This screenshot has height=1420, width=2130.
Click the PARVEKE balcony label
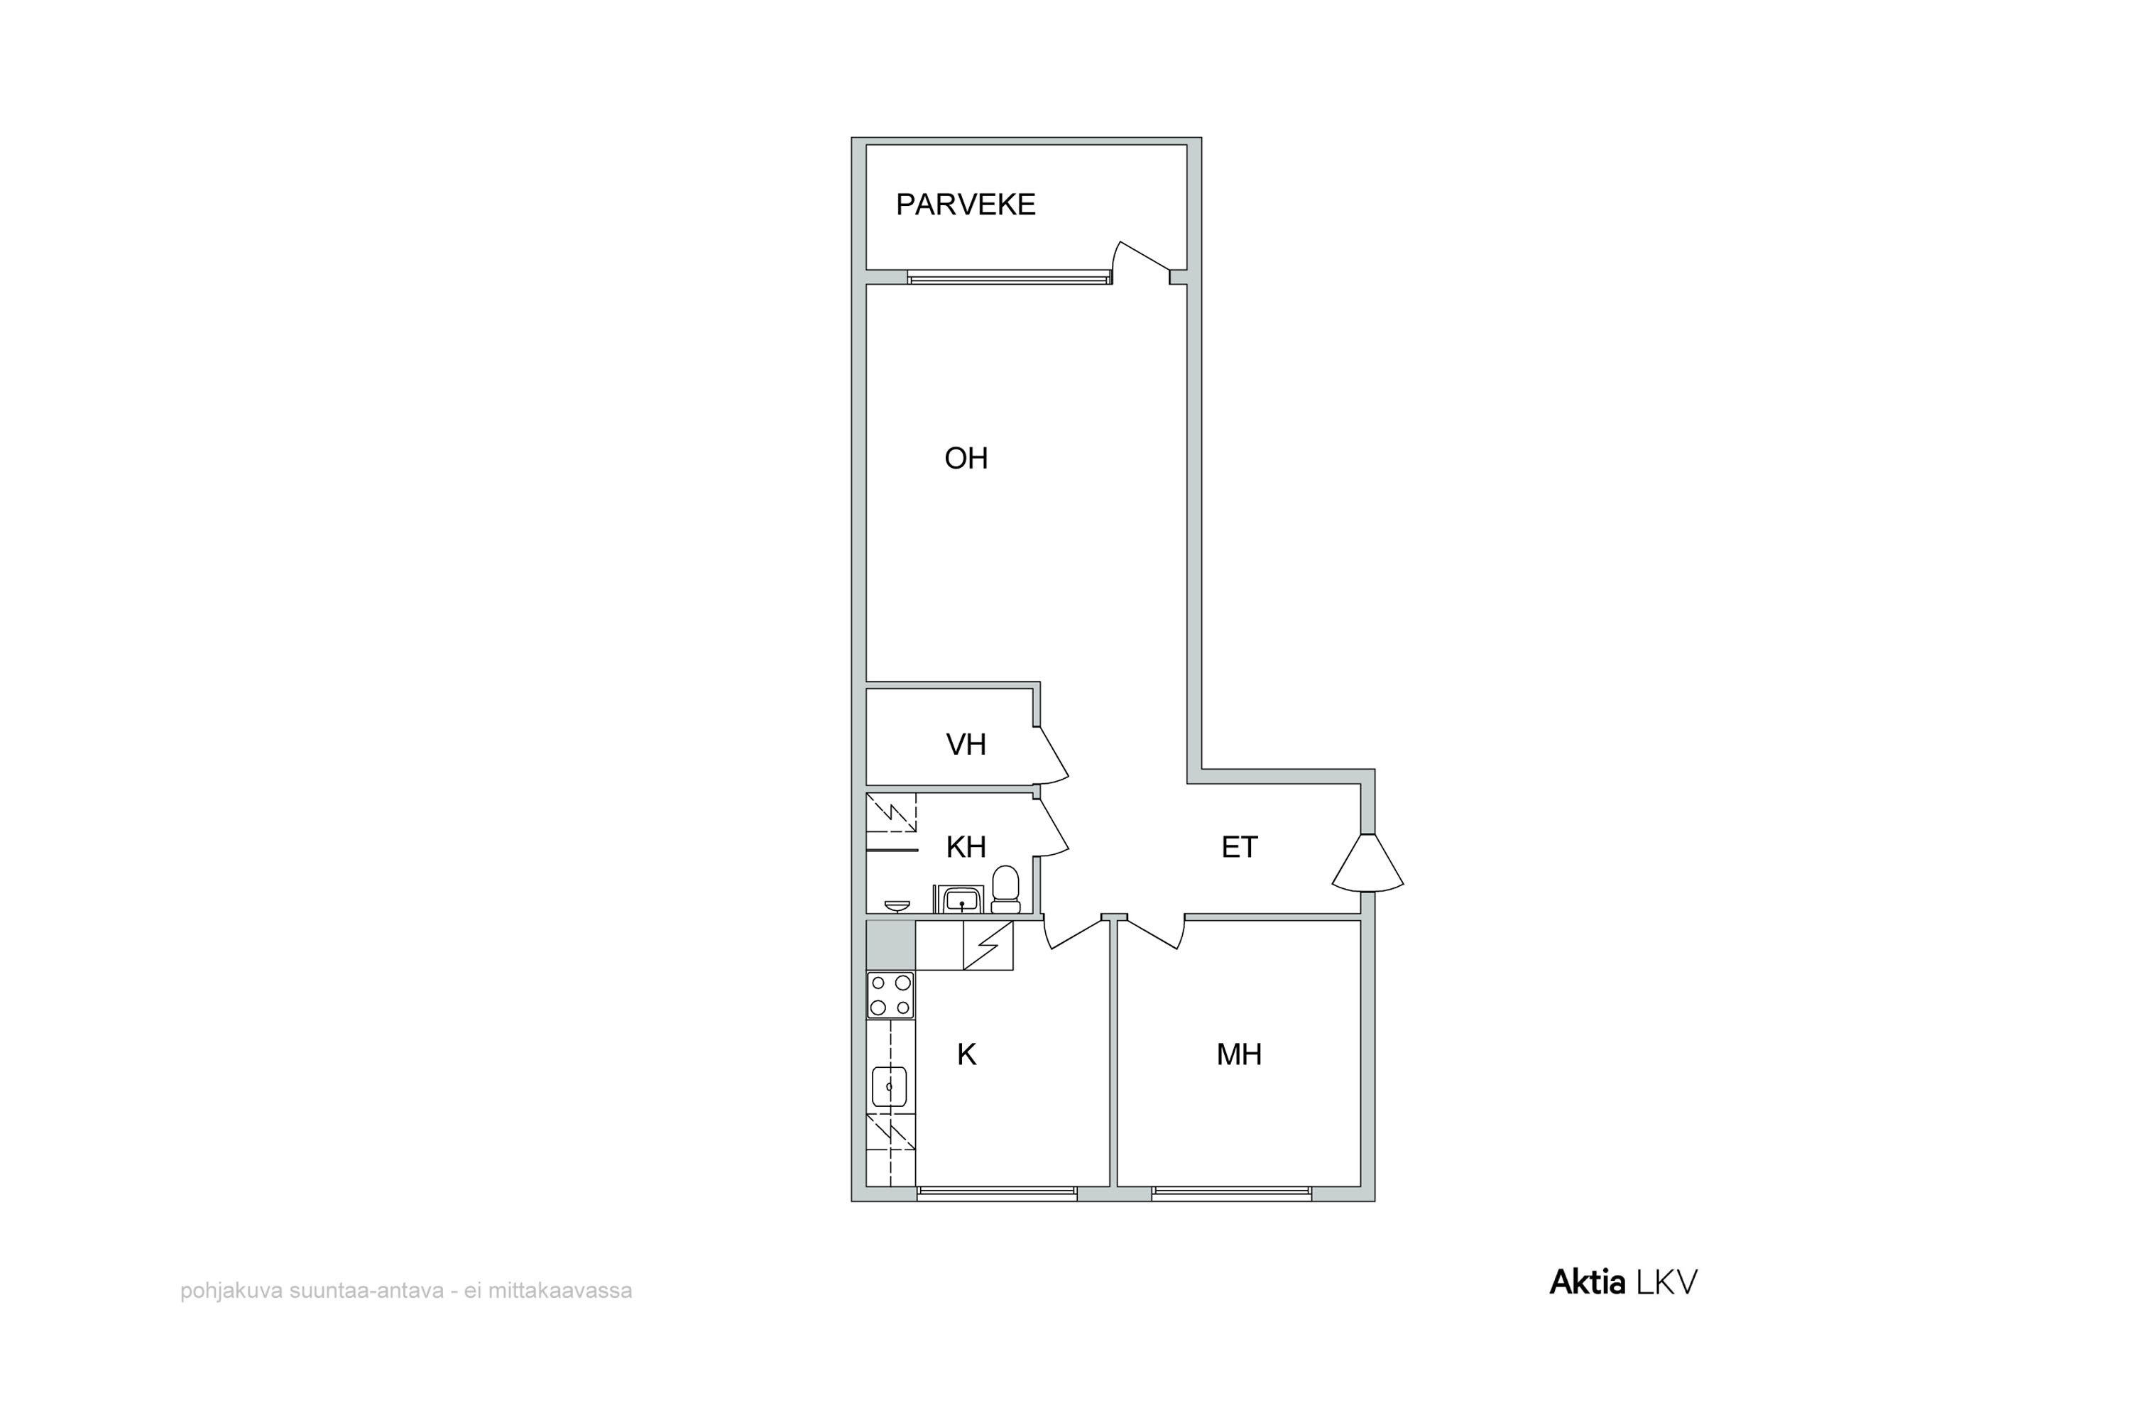click(966, 204)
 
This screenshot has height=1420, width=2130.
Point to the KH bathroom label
click(966, 848)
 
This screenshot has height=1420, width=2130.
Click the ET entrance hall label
click(1239, 848)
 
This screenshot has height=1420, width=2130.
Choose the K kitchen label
click(966, 1054)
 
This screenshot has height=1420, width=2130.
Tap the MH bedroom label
click(1239, 1054)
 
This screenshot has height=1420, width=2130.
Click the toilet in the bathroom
click(1005, 890)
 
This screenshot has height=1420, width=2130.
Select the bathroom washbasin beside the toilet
click(961, 900)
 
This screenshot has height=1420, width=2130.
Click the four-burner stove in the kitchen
click(890, 995)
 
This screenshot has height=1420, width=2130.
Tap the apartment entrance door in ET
click(1367, 862)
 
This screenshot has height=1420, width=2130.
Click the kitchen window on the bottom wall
click(997, 1194)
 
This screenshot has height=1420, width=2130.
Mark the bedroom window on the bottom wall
click(1232, 1194)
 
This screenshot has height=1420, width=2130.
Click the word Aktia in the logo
click(1588, 1282)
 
